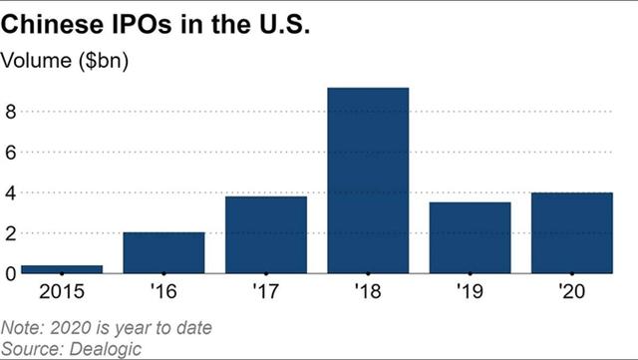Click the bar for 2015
click(62, 269)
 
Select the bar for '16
click(163, 252)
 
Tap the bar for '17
click(266, 234)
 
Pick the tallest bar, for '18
click(368, 180)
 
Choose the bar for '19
click(470, 237)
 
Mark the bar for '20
click(572, 232)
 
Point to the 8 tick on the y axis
click(11, 112)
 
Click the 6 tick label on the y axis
click(11, 153)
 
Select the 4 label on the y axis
click(11, 192)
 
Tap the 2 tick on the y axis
click(11, 233)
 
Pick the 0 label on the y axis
click(11, 273)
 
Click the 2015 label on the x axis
click(62, 291)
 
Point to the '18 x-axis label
click(368, 291)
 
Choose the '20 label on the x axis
click(571, 291)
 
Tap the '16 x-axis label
click(163, 291)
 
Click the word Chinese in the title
click(53, 24)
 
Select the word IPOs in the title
click(142, 24)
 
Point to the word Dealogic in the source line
click(106, 349)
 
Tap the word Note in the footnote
click(22, 327)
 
